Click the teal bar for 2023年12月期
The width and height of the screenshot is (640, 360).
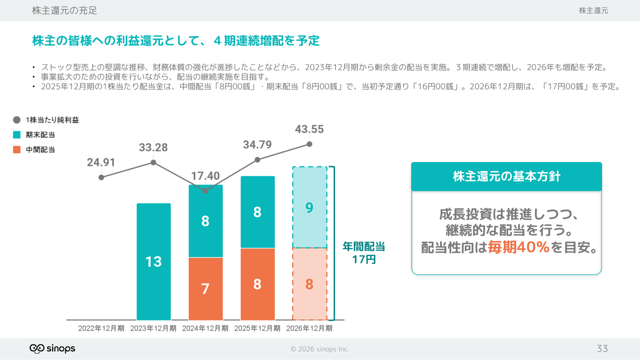(153, 261)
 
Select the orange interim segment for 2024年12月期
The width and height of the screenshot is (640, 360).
(205, 288)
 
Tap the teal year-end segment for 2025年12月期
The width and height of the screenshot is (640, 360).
(257, 212)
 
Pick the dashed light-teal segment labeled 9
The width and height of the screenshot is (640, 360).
(309, 207)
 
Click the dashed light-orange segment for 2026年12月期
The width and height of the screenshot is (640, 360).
(309, 284)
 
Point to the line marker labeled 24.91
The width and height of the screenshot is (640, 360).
(101, 177)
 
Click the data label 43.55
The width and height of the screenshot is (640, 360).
(309, 129)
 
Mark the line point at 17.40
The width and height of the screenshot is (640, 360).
(205, 191)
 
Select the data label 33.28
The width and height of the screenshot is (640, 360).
(153, 147)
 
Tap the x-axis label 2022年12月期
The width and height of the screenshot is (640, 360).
(101, 328)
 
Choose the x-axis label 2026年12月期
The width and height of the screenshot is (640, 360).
(309, 328)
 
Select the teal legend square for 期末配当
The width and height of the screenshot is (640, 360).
(17, 134)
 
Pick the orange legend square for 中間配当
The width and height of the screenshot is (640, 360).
(17, 149)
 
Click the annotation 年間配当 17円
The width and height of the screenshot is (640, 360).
(363, 253)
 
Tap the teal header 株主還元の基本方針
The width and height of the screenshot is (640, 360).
(506, 176)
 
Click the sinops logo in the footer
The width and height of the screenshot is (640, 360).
(52, 348)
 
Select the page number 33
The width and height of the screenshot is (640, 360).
(602, 348)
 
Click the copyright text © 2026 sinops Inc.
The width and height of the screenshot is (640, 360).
(320, 349)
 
